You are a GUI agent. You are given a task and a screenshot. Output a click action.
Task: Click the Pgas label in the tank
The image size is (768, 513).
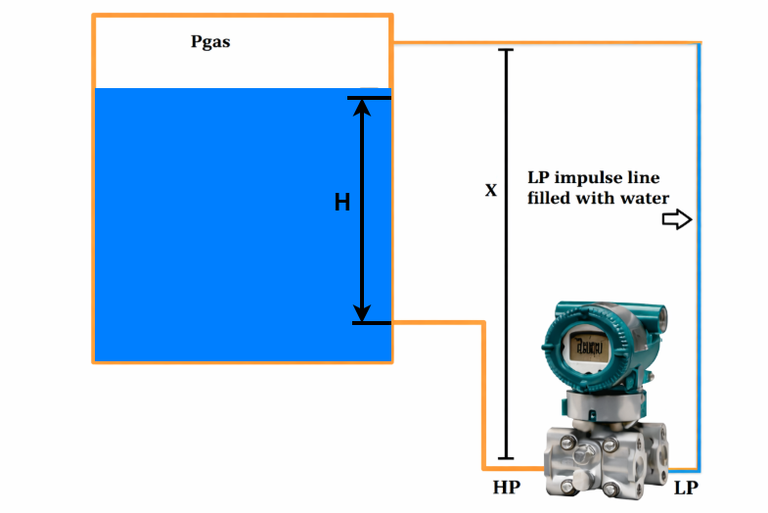pos(210,42)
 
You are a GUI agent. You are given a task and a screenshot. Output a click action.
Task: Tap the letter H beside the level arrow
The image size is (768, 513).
pos(342,203)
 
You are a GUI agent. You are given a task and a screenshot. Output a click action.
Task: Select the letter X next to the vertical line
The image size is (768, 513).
pos(491,190)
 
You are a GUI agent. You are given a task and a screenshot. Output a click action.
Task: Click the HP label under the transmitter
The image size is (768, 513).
pos(508,487)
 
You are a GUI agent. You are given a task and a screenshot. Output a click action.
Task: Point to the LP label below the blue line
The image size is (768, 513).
pos(687,487)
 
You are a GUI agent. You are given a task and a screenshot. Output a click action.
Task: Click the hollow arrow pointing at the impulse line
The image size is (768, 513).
pos(677,220)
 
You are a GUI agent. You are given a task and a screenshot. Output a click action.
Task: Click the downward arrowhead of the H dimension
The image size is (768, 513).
pos(362,312)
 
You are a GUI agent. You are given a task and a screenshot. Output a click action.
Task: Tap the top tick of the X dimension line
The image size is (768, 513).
pos(506,49)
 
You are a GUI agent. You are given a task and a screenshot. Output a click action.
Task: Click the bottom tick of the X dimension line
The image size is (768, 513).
pos(506,457)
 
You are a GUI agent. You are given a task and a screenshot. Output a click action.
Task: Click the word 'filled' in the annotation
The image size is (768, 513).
pos(552,198)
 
